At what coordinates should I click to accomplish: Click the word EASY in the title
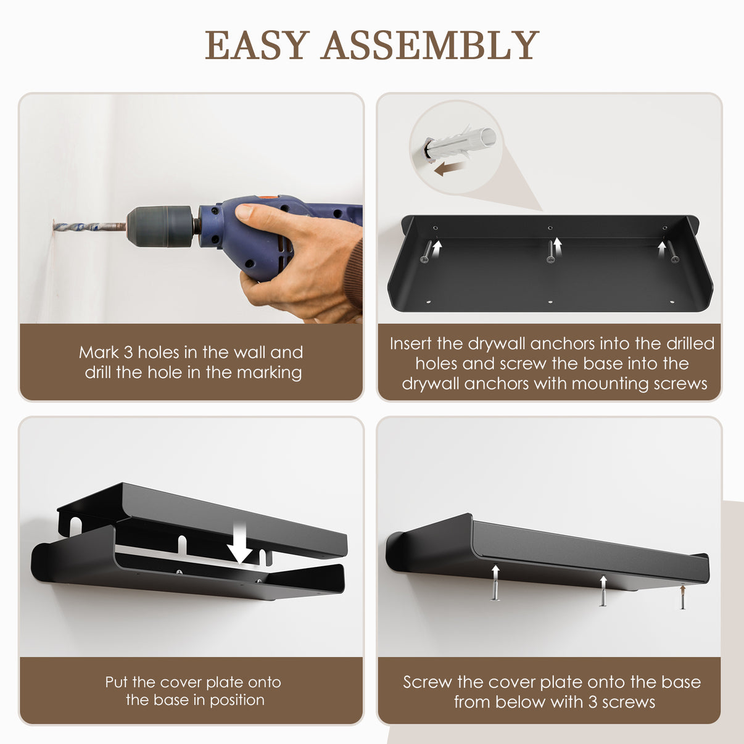click(257, 45)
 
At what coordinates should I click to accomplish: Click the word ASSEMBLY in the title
click(430, 45)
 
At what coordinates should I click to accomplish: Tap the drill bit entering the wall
click(89, 226)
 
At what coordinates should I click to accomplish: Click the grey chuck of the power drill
click(160, 226)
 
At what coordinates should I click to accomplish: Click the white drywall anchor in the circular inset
click(460, 146)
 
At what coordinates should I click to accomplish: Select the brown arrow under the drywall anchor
click(448, 168)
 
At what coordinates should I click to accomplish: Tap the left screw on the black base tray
click(426, 252)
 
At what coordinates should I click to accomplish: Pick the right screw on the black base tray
click(674, 252)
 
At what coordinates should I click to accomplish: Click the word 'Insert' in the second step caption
click(410, 343)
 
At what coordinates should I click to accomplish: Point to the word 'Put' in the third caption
click(117, 682)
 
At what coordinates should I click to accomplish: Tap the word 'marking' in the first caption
click(270, 373)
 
